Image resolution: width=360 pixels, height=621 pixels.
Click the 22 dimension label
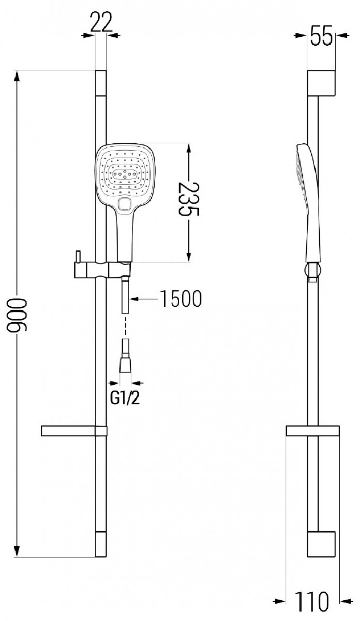pyautogui.click(x=101, y=22)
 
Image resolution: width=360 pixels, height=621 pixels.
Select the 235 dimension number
pyautogui.click(x=189, y=199)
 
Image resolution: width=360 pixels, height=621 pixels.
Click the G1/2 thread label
pyautogui.click(x=125, y=398)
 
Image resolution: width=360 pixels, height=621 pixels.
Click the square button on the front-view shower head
pyautogui.click(x=125, y=204)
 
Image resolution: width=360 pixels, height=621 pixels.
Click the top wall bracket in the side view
pyautogui.click(x=321, y=83)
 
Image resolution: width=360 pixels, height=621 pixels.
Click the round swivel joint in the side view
pyautogui.click(x=312, y=270)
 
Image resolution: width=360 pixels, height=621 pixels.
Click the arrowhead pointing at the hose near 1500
pyautogui.click(x=133, y=299)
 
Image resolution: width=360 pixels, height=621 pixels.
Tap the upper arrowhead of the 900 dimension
pyautogui.click(x=17, y=76)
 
